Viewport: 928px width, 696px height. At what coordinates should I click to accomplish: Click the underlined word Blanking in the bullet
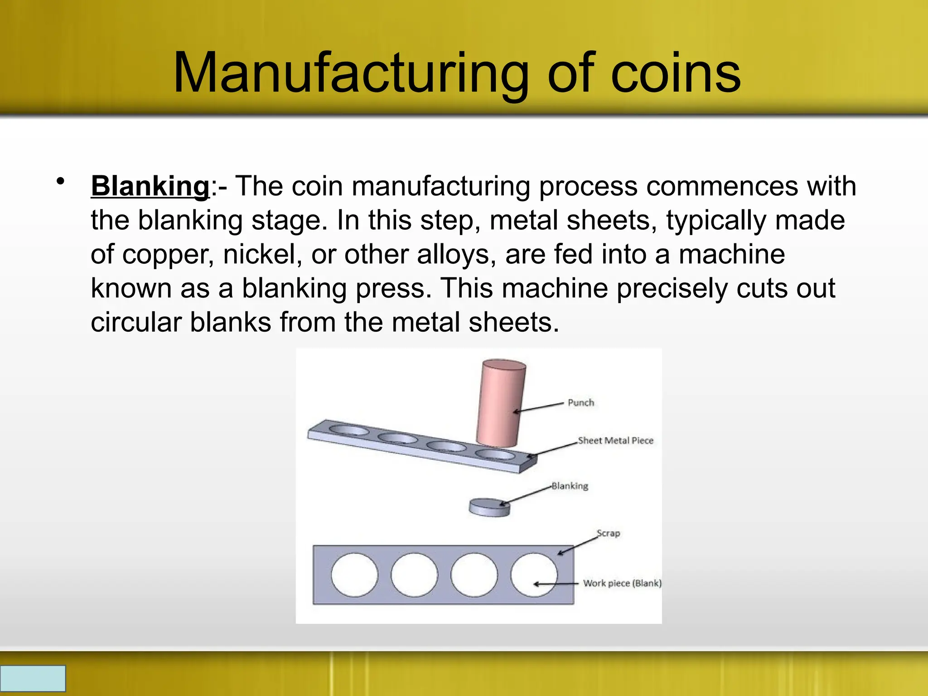click(x=150, y=186)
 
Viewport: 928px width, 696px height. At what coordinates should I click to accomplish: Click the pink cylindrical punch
click(x=501, y=401)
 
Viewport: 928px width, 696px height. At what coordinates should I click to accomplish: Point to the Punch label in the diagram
click(x=580, y=403)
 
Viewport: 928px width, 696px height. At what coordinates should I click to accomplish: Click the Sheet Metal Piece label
click(x=615, y=440)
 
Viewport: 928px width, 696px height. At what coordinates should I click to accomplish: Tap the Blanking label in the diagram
click(x=570, y=486)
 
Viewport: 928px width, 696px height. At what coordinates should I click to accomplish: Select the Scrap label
click(x=608, y=533)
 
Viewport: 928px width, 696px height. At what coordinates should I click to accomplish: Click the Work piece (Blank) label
click(x=622, y=583)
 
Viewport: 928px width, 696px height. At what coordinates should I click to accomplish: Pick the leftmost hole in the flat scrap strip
click(x=354, y=575)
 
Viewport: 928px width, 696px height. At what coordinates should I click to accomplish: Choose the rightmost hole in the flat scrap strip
click(x=534, y=575)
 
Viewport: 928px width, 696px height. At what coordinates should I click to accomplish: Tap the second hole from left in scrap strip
click(x=414, y=575)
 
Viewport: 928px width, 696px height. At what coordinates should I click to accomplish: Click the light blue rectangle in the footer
click(x=33, y=678)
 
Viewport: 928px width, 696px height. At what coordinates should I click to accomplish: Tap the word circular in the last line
click(x=136, y=322)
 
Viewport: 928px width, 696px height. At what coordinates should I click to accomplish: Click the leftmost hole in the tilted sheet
click(x=348, y=430)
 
